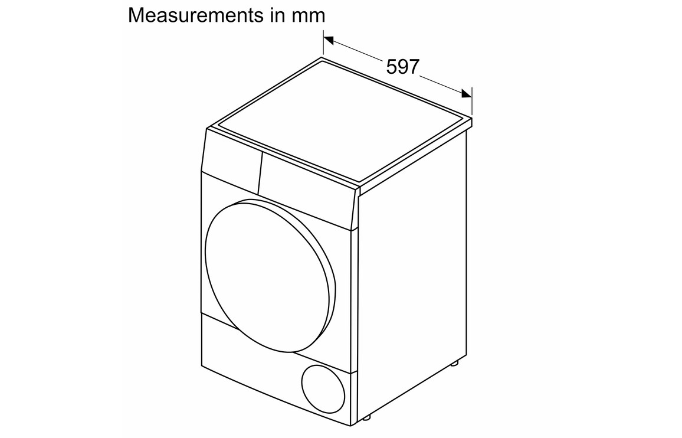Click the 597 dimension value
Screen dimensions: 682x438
pyautogui.click(x=403, y=67)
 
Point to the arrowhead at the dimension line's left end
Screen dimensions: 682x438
pyautogui.click(x=329, y=40)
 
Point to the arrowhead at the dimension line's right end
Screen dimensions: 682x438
pyautogui.click(x=467, y=93)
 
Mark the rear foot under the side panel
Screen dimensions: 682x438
pyautogui.click(x=454, y=362)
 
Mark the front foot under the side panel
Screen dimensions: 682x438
pyautogui.click(x=366, y=417)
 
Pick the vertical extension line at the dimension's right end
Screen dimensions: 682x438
pyautogui.click(x=472, y=101)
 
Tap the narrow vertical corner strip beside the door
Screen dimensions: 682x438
pyautogui.click(x=354, y=305)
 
